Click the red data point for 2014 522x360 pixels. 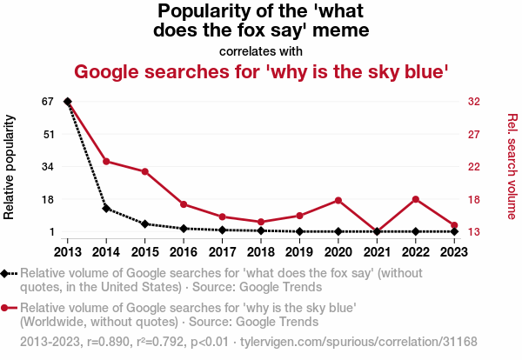click(x=106, y=162)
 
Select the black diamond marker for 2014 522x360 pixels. click(x=106, y=209)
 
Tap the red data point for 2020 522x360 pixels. click(x=338, y=201)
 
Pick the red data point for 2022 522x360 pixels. click(x=416, y=200)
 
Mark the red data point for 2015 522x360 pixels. click(x=144, y=171)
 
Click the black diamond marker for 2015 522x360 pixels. click(x=144, y=224)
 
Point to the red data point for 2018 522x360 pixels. click(x=261, y=222)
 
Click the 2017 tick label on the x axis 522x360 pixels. click(x=222, y=251)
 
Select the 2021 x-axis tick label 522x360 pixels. click(x=377, y=251)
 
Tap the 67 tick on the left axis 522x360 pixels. click(x=47, y=102)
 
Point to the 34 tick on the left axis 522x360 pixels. click(x=47, y=167)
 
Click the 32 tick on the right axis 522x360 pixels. click(x=474, y=102)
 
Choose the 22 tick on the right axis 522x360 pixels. click(x=474, y=167)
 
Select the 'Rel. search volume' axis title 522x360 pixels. click(x=512, y=167)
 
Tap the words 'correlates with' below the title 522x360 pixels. click(x=261, y=51)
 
